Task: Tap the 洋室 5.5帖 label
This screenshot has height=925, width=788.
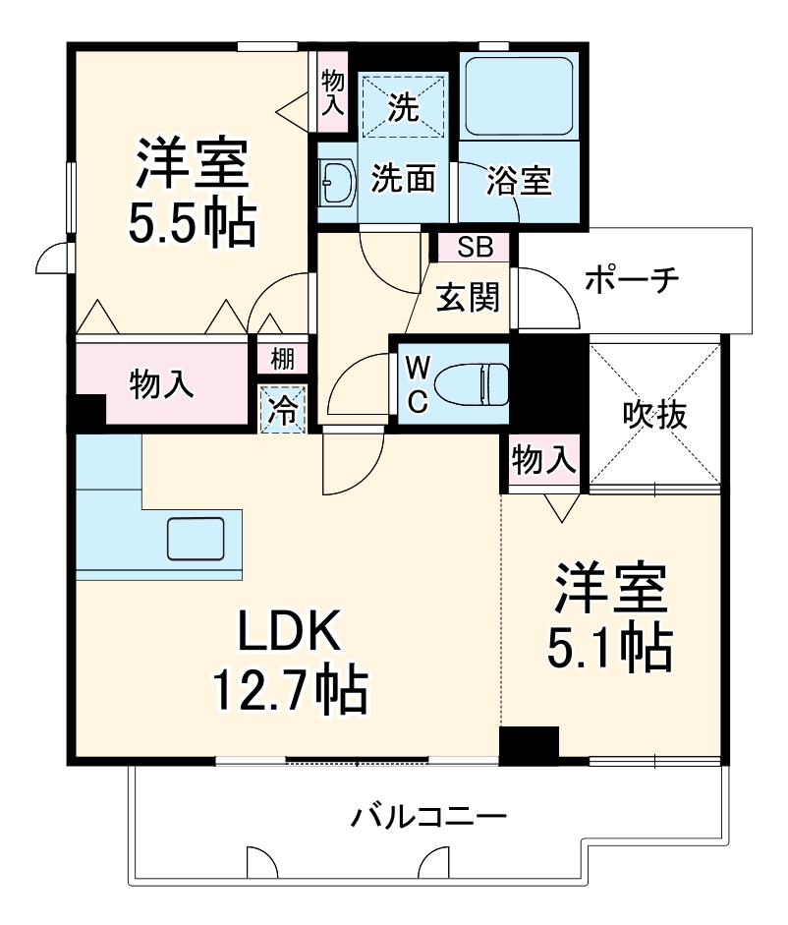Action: coord(192,194)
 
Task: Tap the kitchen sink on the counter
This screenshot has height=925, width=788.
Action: coord(197,538)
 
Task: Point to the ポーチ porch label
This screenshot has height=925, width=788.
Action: coord(632,280)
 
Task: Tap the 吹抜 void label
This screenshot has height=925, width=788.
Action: coord(654,414)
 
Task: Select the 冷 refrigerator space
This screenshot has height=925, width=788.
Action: coord(283,409)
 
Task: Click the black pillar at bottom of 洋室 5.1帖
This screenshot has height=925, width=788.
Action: coord(529,745)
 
